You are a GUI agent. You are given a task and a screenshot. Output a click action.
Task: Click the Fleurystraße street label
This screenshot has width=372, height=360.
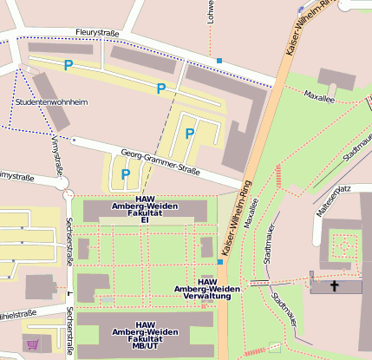point(96,33)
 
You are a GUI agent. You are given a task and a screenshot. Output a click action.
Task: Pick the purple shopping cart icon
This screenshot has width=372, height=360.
point(34,344)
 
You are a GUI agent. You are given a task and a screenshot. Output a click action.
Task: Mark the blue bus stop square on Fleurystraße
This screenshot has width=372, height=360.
point(219,61)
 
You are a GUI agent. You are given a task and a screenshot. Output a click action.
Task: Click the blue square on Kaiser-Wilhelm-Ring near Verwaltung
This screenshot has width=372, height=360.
point(219,260)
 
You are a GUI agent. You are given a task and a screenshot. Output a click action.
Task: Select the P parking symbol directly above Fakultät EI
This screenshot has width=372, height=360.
point(126,174)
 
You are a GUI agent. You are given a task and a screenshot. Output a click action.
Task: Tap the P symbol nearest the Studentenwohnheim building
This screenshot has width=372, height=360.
point(69,64)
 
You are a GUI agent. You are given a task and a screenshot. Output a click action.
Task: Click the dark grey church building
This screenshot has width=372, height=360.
point(336,286)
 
